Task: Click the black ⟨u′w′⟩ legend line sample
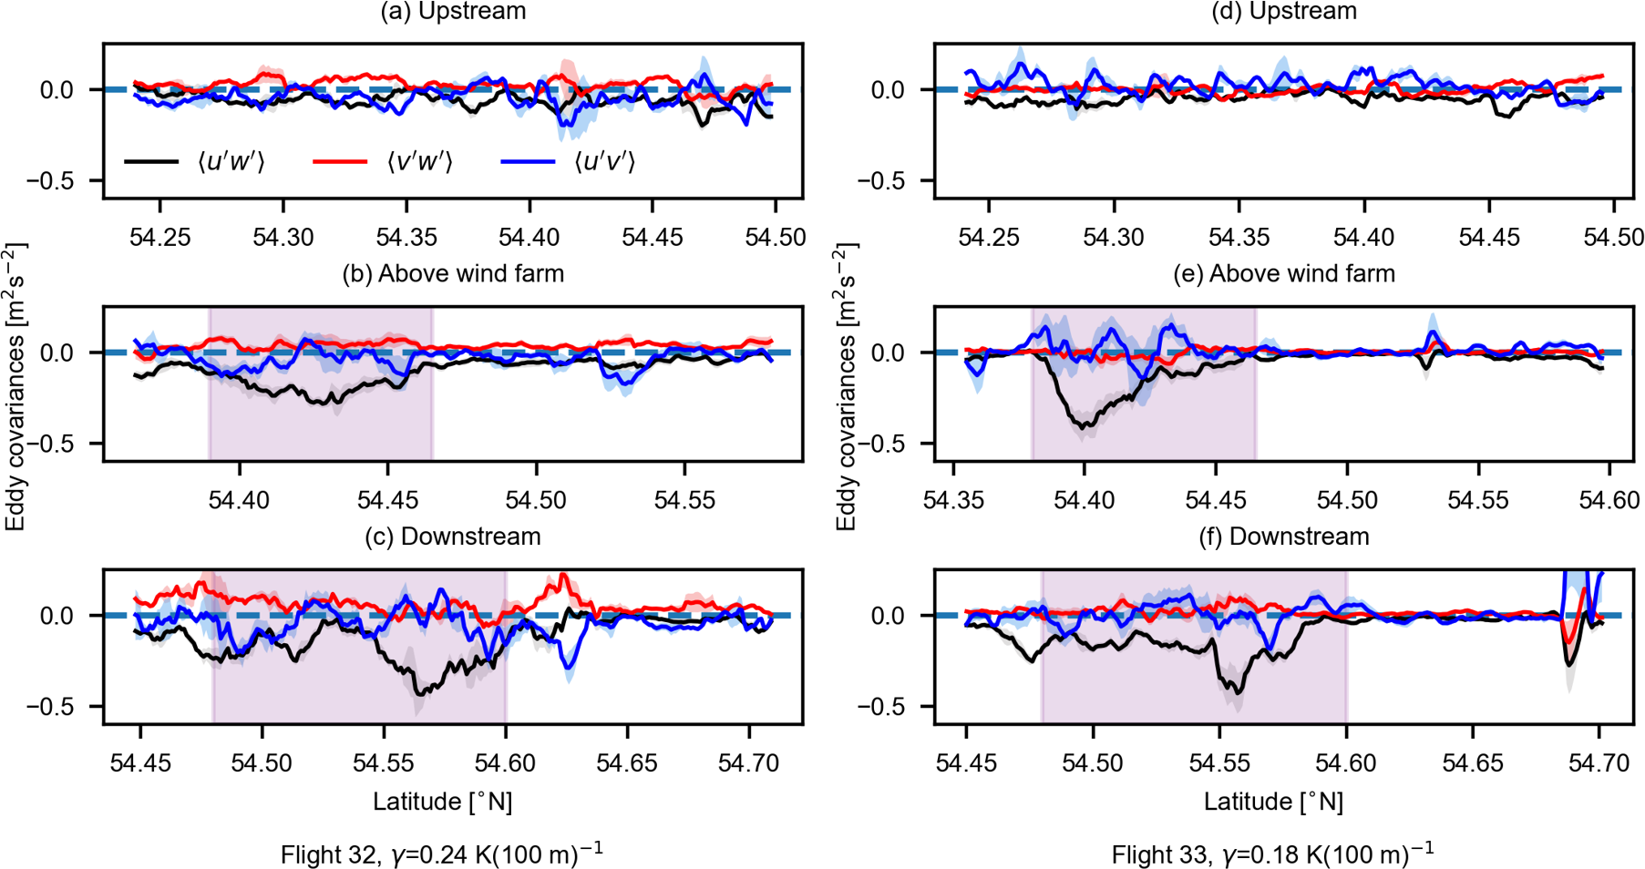[x=151, y=162]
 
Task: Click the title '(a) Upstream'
[x=453, y=12]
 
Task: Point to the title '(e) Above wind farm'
[x=1284, y=273]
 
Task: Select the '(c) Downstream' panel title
[x=453, y=537]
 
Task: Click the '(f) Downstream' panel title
[x=1284, y=537]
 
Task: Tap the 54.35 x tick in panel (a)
[x=406, y=238]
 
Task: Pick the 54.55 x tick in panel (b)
[x=684, y=500]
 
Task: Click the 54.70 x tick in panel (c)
[x=749, y=763]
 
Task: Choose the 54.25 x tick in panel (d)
[x=989, y=238]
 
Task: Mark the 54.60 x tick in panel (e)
[x=1609, y=500]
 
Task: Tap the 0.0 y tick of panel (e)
[x=889, y=353]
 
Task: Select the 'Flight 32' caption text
[x=442, y=854]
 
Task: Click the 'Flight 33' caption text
[x=1273, y=854]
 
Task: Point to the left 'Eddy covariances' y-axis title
[x=15, y=386]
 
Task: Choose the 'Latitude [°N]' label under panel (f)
[x=1273, y=802]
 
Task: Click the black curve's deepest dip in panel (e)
[x=1085, y=426]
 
